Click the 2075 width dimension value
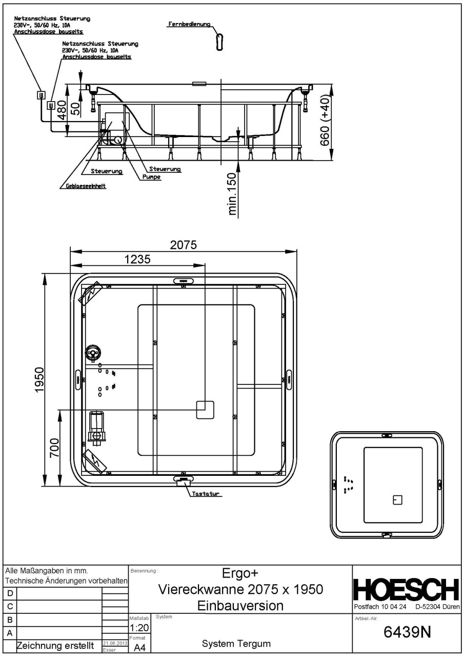coord(183,245)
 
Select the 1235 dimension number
coord(137,259)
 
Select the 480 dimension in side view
coord(61,110)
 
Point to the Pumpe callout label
coord(153,177)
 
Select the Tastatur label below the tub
coord(203,494)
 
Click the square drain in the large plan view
coord(205,410)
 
